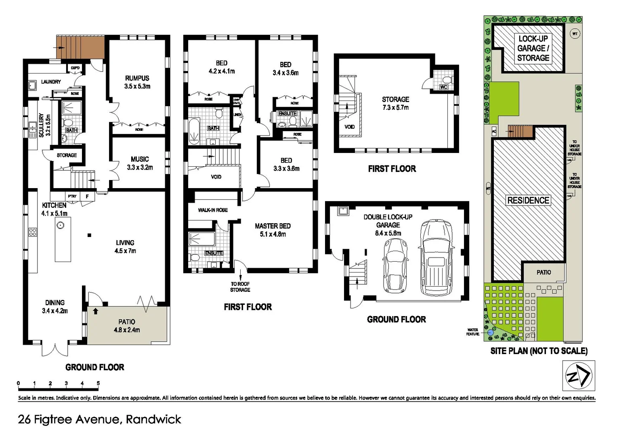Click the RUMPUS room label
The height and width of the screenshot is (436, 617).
coord(137,78)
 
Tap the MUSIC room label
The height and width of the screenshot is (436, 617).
coord(140,159)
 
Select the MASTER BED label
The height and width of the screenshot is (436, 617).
coord(273,226)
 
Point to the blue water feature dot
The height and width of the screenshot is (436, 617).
coord(490,332)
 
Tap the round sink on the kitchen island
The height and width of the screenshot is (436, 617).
coord(61,225)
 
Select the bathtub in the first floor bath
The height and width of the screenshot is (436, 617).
coord(194,131)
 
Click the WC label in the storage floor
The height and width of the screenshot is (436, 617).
coord(443,87)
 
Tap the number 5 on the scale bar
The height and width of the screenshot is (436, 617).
coord(98,383)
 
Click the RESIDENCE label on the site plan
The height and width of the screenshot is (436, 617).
coord(528,200)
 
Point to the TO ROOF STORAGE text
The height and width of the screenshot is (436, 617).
coord(240,287)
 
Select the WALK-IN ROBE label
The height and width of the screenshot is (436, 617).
coord(212,210)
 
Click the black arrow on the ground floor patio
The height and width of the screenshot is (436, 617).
coord(95,311)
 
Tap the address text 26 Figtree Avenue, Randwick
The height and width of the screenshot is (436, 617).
coord(99,419)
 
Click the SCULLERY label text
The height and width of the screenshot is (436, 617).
coord(41,125)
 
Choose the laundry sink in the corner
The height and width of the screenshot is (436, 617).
coord(32,85)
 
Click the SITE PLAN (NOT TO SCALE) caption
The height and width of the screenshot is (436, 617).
coord(539,351)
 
